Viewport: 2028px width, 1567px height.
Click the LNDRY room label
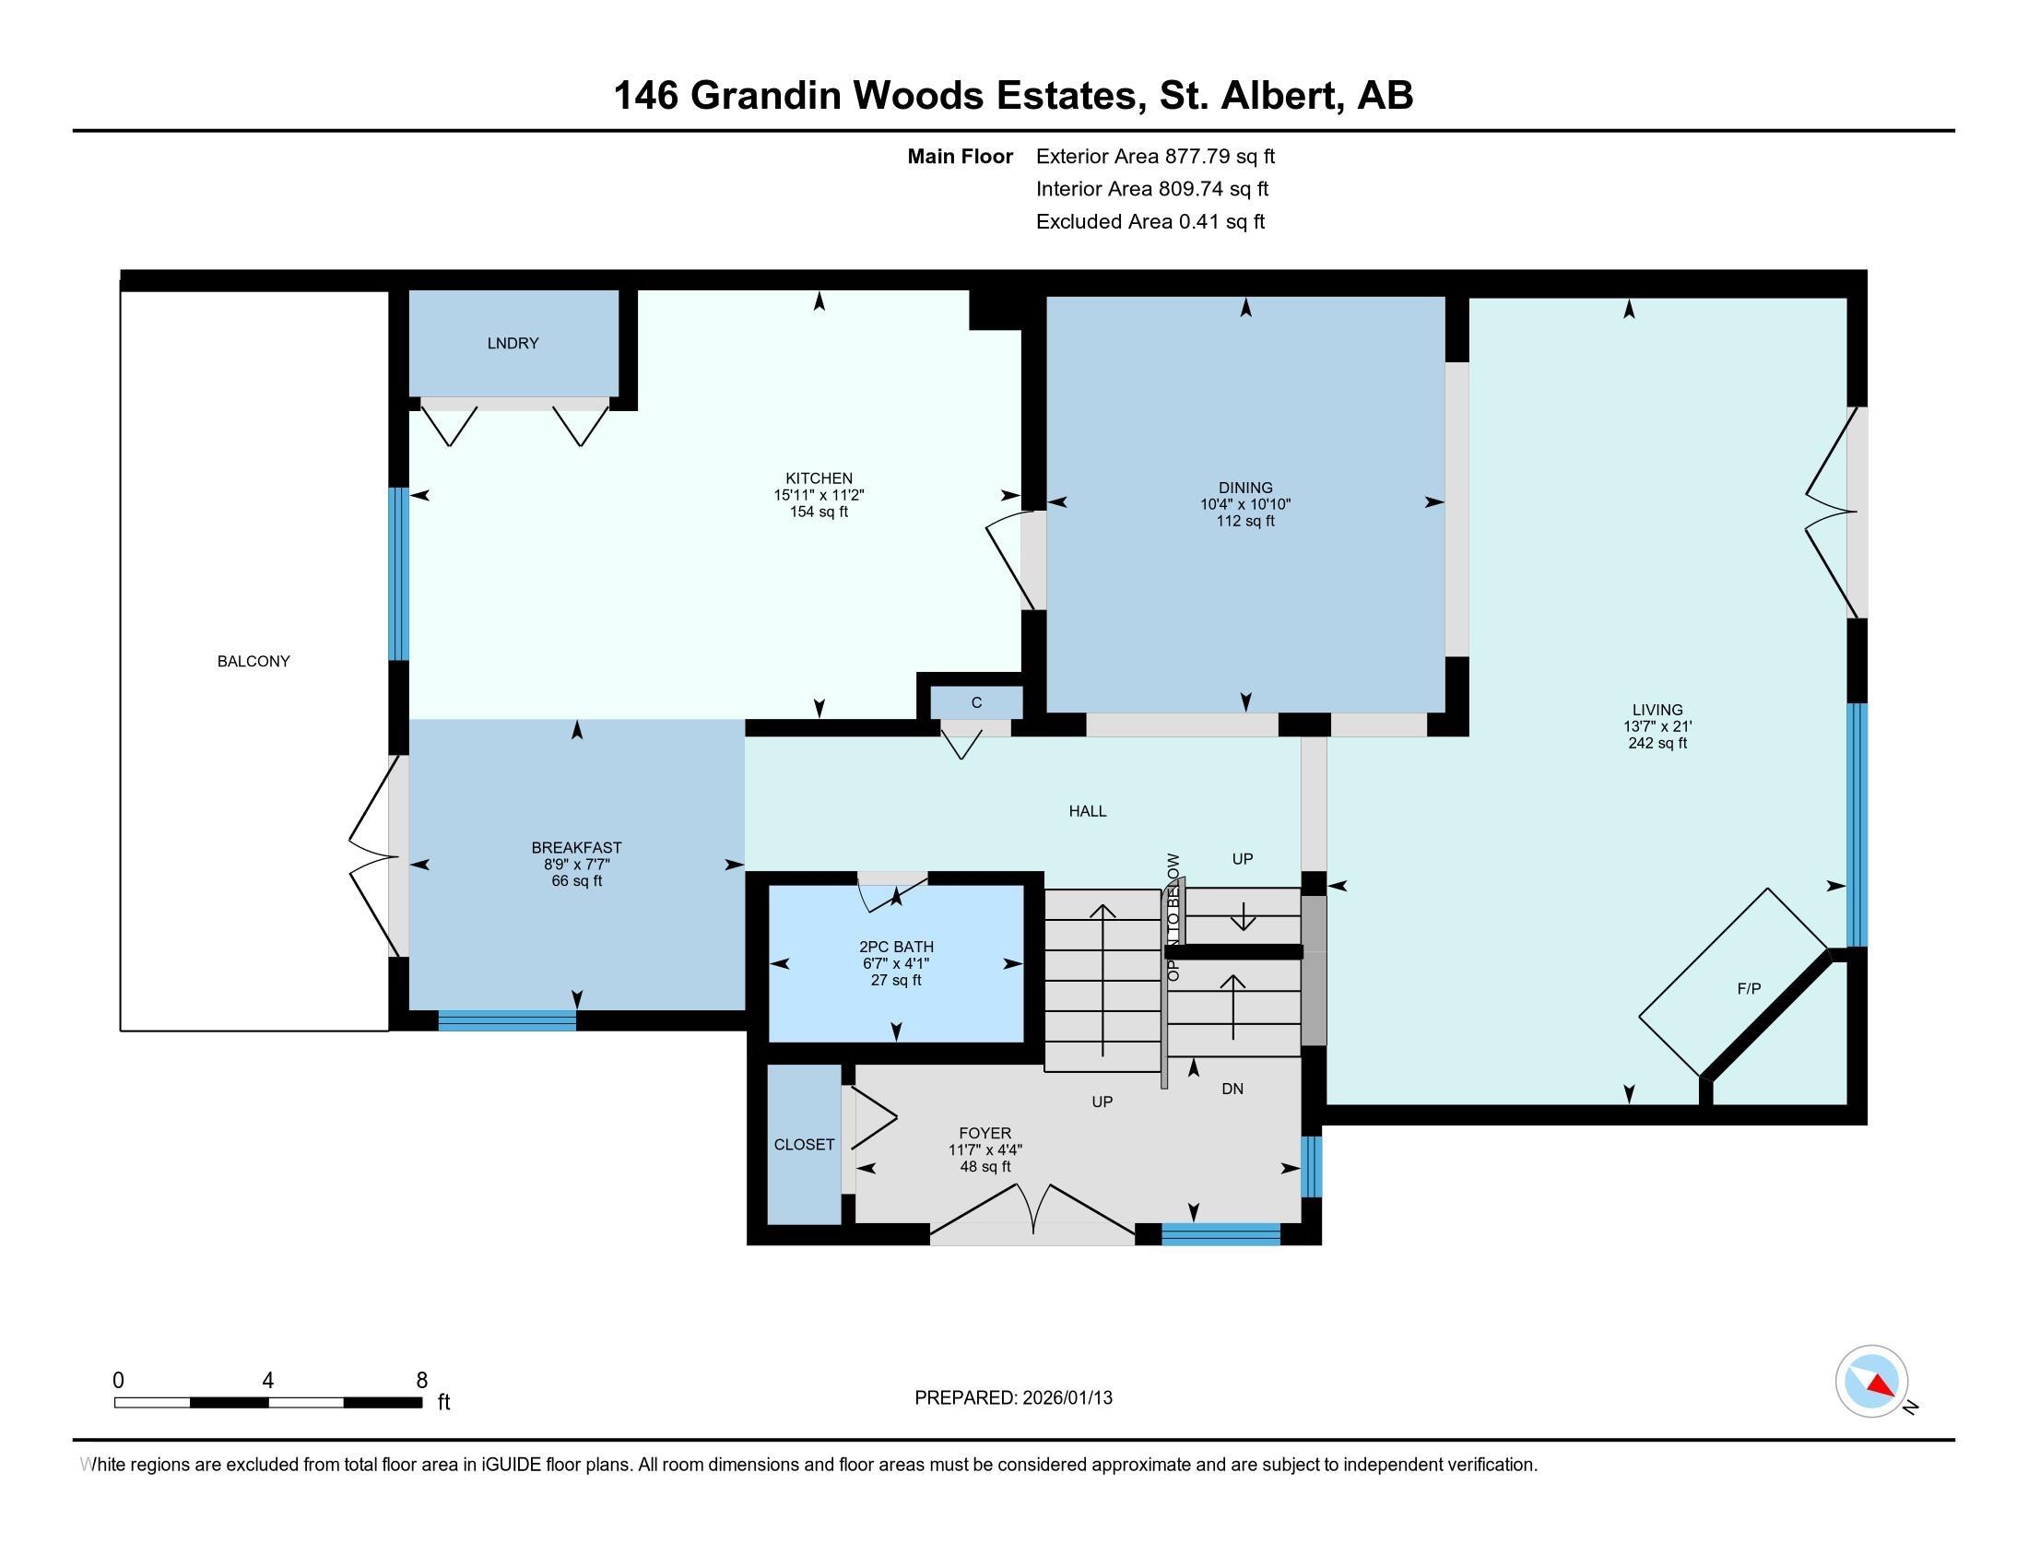(x=513, y=344)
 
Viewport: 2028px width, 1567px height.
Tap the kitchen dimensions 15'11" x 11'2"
(x=819, y=496)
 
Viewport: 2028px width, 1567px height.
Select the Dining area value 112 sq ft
(x=1245, y=522)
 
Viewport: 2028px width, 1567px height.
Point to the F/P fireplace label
(x=1749, y=990)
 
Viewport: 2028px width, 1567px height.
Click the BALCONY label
(x=253, y=662)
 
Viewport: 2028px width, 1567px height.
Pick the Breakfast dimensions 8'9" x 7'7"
(x=577, y=865)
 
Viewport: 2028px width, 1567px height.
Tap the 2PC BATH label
(x=896, y=947)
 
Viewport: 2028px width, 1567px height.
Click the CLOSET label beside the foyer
(x=804, y=1145)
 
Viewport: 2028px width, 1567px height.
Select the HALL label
(x=1088, y=811)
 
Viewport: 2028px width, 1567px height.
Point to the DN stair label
(x=1232, y=1089)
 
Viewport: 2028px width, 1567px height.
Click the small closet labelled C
(x=977, y=702)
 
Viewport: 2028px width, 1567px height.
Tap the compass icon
(x=1871, y=1382)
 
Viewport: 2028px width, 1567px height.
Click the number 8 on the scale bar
(x=422, y=1381)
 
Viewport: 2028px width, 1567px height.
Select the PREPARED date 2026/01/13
(x=1066, y=1398)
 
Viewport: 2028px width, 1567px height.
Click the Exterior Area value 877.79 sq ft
(x=1220, y=157)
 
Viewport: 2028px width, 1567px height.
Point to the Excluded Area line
(x=1150, y=222)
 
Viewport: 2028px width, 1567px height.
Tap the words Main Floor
(x=961, y=157)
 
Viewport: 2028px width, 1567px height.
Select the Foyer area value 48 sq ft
(x=985, y=1167)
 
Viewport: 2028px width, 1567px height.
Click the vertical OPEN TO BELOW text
(x=1173, y=917)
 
